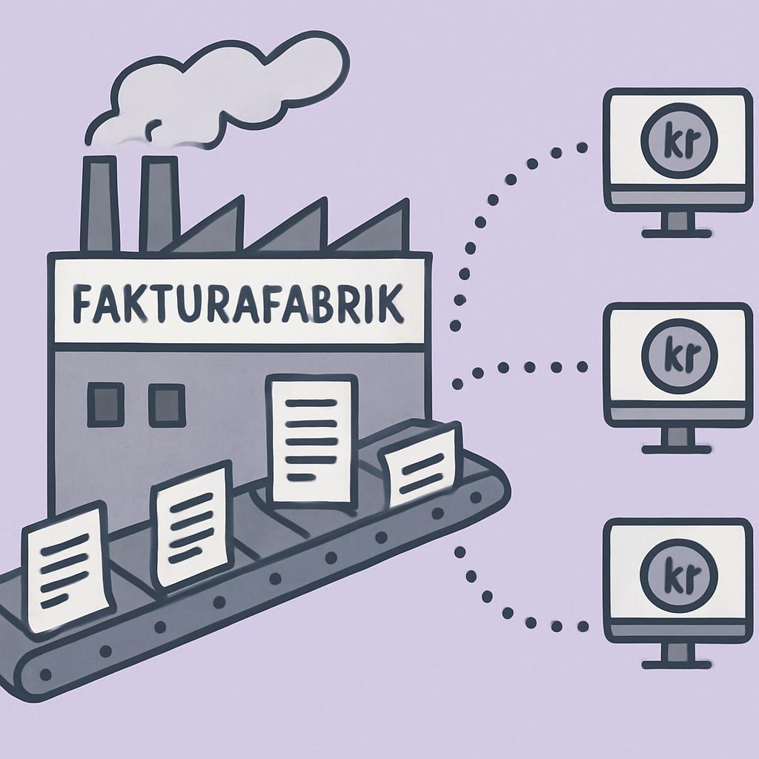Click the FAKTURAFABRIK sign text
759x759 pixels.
coord(238,304)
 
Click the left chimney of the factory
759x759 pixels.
coord(100,203)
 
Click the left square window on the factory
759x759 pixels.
coord(105,405)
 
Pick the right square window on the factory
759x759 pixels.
coord(167,405)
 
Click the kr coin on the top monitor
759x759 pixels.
coord(679,140)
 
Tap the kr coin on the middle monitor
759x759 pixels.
coord(680,355)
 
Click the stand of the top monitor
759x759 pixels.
coord(677,225)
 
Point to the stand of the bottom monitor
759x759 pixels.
coord(677,655)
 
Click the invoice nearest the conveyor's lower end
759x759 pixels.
coord(67,567)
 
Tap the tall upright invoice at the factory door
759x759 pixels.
coord(312,439)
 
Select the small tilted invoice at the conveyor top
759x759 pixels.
coord(420,464)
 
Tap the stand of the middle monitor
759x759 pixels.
coord(677,440)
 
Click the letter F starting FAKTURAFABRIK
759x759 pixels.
coord(82,305)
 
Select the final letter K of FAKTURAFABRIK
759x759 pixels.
coord(391,303)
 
